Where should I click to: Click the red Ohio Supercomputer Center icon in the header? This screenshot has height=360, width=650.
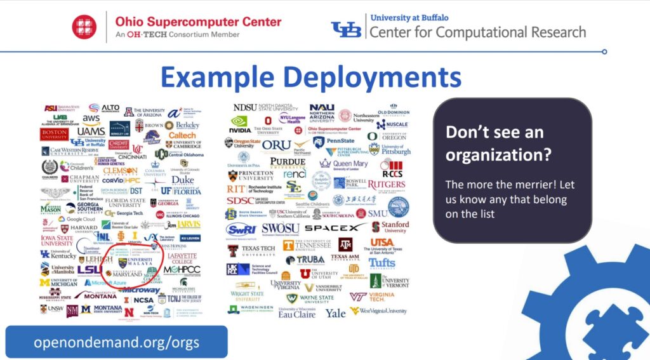point(84,26)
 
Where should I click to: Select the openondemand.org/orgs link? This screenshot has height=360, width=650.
point(116,343)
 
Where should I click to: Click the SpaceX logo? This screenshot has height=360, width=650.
point(335,227)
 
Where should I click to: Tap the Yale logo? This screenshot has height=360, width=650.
point(336,313)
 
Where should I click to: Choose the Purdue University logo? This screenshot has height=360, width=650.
point(287,163)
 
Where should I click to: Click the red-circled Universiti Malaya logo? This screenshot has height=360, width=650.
point(135,262)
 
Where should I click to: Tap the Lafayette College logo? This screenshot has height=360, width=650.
point(182,257)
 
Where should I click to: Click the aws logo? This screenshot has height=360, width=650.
point(91,119)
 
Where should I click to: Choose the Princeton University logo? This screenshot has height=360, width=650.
point(250,175)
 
